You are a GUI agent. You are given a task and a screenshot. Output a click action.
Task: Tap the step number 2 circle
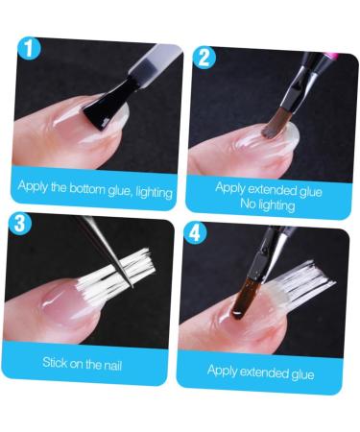tap(204, 57)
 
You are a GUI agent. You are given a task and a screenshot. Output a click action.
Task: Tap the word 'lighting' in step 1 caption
tap(147, 191)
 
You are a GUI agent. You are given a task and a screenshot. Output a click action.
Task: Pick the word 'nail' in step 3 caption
tap(117, 363)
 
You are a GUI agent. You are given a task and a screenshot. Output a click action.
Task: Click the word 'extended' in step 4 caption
tap(265, 371)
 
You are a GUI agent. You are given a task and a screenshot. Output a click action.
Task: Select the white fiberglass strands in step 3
tap(130, 269)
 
